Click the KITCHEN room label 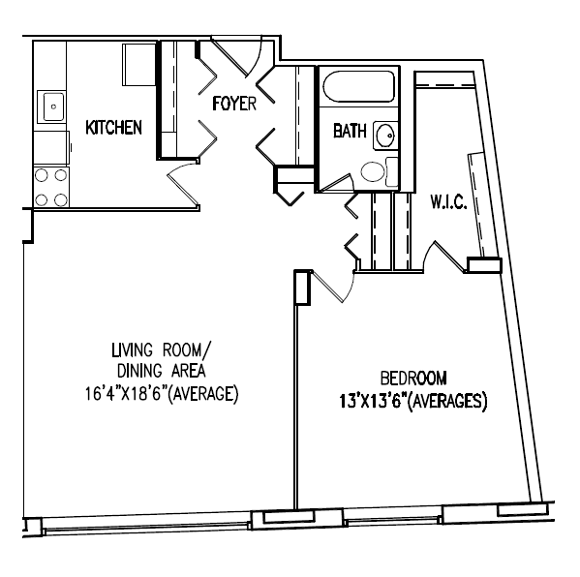[113, 128]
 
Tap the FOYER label [234, 104]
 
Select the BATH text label [350, 131]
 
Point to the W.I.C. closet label [448, 202]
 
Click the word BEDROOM [413, 379]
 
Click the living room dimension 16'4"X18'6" [126, 394]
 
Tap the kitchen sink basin [53, 106]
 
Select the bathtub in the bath [358, 86]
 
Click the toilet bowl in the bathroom [373, 171]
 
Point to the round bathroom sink [385, 135]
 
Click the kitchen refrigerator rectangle [139, 65]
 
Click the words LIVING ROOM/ [162, 349]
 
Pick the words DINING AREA [162, 371]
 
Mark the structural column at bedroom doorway [302, 288]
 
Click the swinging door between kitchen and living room [184, 184]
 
